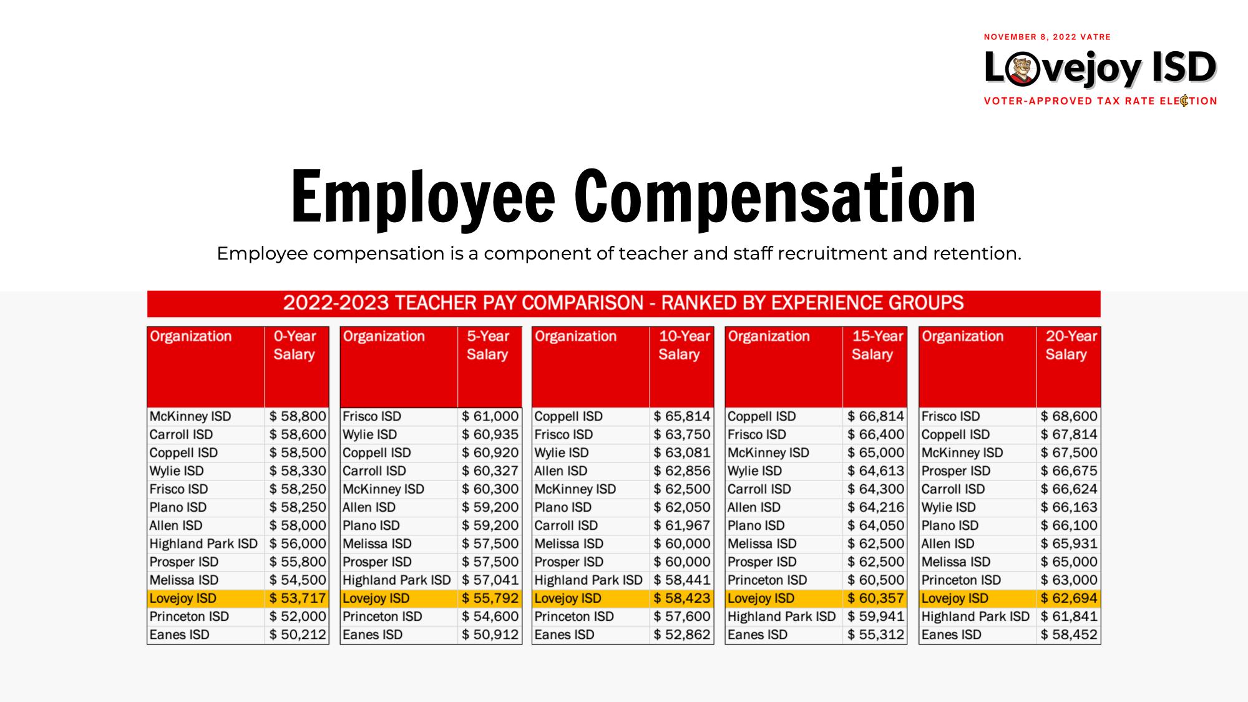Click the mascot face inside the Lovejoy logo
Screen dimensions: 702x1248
pos(1021,69)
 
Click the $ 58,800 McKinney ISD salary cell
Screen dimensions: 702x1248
pos(298,416)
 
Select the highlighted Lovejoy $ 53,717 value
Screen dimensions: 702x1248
pos(298,598)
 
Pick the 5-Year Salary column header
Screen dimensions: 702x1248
pos(487,345)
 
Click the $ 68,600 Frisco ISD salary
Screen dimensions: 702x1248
pos(1069,416)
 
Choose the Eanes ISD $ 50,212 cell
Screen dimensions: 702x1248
pos(298,635)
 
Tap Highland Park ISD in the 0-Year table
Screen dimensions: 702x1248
pos(203,544)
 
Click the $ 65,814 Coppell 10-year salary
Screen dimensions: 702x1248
pos(682,416)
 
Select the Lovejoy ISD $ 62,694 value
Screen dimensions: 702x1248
pos(1069,598)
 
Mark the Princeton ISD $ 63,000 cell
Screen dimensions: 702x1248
pos(1069,580)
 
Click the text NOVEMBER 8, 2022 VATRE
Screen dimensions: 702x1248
pos(1047,37)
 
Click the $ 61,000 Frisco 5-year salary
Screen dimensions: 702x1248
pos(490,416)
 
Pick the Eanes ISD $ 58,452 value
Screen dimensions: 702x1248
pos(1069,635)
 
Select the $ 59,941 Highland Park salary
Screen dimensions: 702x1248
pos(875,617)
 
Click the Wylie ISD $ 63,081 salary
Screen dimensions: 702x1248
pos(682,452)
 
